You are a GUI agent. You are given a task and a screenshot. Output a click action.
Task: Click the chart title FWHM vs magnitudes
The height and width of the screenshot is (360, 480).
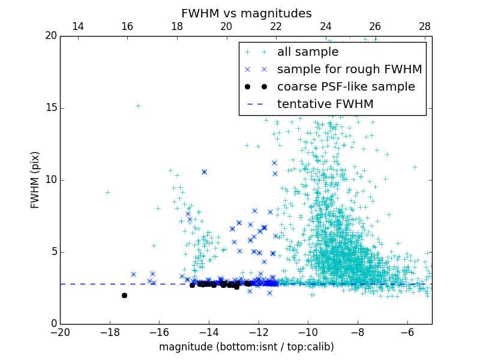(x=246, y=13)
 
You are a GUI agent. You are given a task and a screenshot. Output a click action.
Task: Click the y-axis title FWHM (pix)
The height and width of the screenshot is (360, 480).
(x=35, y=179)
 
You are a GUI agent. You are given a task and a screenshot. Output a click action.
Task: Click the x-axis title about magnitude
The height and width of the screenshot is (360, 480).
(x=246, y=347)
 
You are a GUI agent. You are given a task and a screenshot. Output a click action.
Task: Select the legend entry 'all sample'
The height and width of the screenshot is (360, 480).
(x=308, y=52)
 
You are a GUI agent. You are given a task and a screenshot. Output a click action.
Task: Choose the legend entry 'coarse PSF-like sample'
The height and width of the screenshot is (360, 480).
(x=346, y=87)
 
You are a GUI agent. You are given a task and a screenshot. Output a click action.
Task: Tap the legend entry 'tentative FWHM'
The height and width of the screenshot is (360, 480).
(x=325, y=104)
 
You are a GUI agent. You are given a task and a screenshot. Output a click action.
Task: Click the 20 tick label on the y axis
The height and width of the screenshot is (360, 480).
(x=50, y=36)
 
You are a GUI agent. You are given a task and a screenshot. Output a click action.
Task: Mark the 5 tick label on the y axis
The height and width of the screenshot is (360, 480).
(x=53, y=252)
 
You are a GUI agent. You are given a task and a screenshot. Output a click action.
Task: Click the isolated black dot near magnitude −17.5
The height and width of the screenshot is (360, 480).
(x=124, y=295)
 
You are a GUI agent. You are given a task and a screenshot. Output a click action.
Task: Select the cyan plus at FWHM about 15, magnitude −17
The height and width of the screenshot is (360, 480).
(x=137, y=106)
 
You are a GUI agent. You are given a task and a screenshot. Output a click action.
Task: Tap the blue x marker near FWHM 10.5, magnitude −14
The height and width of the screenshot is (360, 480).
(x=204, y=172)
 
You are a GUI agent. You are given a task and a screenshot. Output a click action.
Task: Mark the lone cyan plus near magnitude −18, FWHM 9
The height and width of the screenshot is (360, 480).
(x=107, y=192)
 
